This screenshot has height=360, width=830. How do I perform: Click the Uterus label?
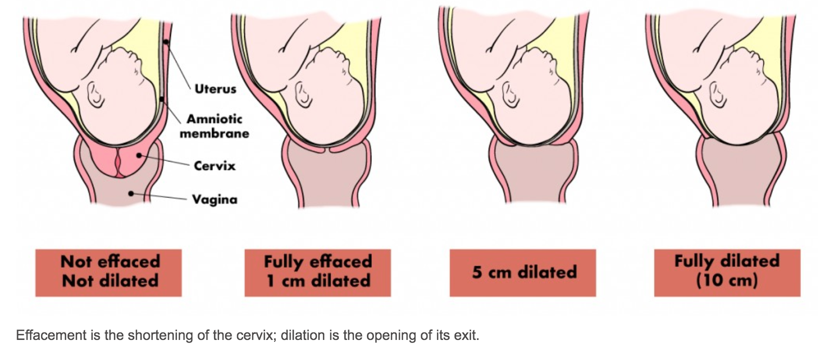(215, 89)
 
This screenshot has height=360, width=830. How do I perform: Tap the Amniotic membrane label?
(214, 126)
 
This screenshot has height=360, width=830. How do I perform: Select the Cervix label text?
(215, 165)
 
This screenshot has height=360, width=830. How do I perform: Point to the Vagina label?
(215, 200)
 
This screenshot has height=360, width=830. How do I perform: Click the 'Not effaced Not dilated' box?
(108, 272)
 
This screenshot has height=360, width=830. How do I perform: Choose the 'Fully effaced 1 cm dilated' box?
(317, 272)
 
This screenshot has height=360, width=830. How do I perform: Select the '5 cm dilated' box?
(522, 272)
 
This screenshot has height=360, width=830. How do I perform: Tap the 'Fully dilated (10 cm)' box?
(727, 272)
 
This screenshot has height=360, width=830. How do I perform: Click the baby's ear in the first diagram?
(96, 95)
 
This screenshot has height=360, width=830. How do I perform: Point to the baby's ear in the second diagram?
(303, 95)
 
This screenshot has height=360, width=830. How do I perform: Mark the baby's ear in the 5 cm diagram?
(511, 95)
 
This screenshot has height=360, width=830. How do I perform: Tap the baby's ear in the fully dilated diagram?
(718, 95)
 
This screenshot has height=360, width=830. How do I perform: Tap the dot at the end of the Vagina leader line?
(131, 194)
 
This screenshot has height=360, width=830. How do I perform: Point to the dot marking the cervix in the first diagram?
(139, 156)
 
